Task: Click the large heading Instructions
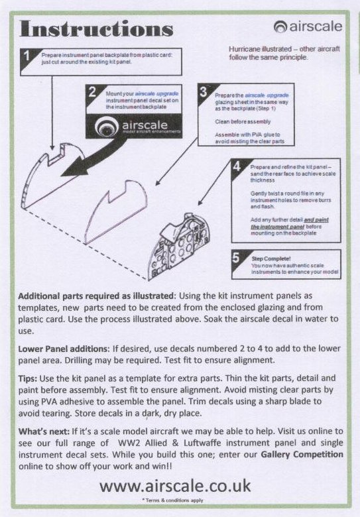click(96, 29)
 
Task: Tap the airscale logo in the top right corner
click(308, 27)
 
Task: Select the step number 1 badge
click(27, 56)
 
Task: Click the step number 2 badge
click(92, 91)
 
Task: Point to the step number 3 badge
click(204, 91)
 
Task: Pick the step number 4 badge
click(236, 166)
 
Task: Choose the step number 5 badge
click(236, 257)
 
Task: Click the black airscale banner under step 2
click(134, 126)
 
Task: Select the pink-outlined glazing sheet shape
click(116, 211)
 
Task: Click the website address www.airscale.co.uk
click(175, 486)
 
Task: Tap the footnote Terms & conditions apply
click(173, 500)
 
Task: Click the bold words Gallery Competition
click(302, 454)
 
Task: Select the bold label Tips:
click(28, 378)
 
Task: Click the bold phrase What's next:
click(44, 431)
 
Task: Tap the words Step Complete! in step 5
click(271, 258)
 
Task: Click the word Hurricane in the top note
click(243, 49)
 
